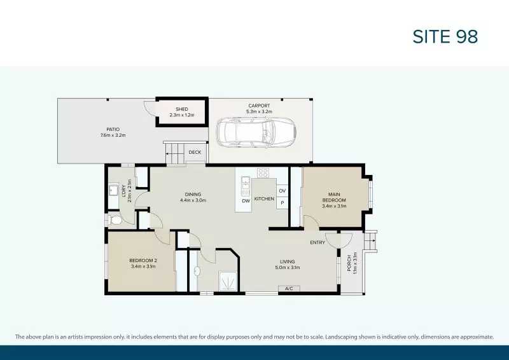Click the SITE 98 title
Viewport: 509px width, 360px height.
click(x=445, y=37)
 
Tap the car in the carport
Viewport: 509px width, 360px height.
click(x=254, y=132)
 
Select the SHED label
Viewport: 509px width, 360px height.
click(x=182, y=109)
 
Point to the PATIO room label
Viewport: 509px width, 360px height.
click(x=113, y=129)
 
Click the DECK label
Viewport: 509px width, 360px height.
click(x=195, y=152)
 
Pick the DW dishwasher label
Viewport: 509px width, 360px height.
click(x=246, y=201)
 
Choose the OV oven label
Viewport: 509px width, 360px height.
click(x=282, y=190)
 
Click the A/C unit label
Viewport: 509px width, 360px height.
click(x=288, y=289)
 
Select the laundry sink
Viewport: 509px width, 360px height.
click(x=114, y=190)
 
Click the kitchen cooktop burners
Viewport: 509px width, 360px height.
click(x=263, y=173)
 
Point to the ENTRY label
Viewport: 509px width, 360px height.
click(x=317, y=242)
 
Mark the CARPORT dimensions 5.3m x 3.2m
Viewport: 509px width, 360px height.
click(x=259, y=111)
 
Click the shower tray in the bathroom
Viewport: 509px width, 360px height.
click(x=227, y=281)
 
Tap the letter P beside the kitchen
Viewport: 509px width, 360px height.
click(x=282, y=203)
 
